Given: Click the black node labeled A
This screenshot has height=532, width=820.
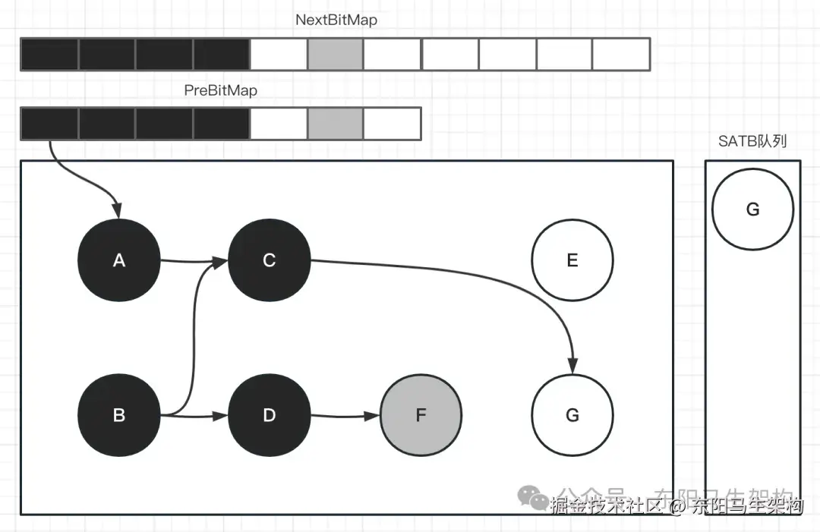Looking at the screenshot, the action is (x=118, y=260).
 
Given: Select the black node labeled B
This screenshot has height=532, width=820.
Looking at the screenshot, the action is (x=118, y=415).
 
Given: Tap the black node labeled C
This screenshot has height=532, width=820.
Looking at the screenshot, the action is (x=269, y=260).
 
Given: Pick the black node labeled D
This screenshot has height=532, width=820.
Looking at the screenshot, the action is (x=269, y=415).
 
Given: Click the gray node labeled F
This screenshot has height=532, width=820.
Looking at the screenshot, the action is (x=421, y=415).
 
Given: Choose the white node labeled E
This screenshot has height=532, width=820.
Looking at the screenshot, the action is (x=572, y=260).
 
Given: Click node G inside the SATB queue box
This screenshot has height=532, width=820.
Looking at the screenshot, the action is (x=752, y=209).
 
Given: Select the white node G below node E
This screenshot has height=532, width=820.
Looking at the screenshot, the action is (x=572, y=415).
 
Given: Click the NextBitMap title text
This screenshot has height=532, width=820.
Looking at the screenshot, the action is (x=336, y=20).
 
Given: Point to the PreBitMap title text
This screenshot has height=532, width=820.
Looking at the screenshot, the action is (x=221, y=90).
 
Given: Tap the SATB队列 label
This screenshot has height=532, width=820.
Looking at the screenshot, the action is (x=752, y=141).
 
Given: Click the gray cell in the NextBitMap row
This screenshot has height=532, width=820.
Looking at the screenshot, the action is (x=335, y=54).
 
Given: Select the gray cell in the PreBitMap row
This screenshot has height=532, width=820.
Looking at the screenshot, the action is (x=335, y=124).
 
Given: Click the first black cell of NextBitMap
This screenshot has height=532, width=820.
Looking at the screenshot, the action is (x=49, y=54).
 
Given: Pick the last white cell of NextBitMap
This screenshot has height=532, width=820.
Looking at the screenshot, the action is (x=621, y=54).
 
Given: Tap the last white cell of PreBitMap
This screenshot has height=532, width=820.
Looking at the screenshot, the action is (x=392, y=124).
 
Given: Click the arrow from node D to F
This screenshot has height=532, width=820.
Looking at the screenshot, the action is (x=345, y=416).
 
